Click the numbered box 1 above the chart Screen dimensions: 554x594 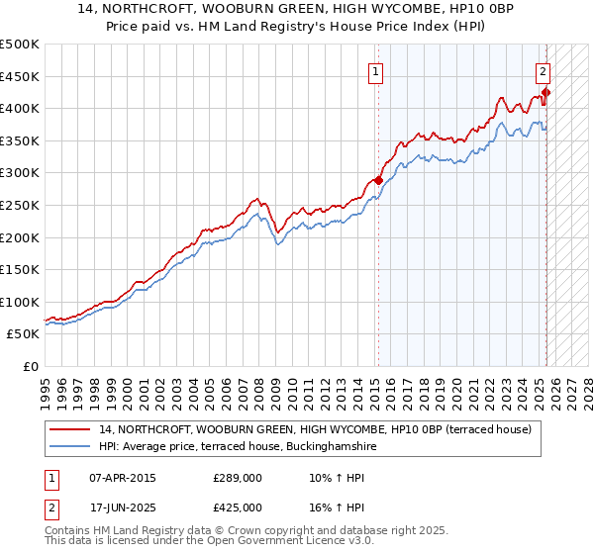pyautogui.click(x=377, y=70)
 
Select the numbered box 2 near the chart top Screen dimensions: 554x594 pyautogui.click(x=544, y=70)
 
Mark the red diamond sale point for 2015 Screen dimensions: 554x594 pyautogui.click(x=378, y=180)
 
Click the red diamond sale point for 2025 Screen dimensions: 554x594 pyautogui.click(x=546, y=92)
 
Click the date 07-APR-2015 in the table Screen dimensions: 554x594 pyautogui.click(x=123, y=477)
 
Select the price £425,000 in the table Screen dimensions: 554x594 pyautogui.click(x=238, y=507)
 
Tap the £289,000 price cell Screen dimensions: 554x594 pyautogui.click(x=238, y=477)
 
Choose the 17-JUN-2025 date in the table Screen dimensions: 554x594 pyautogui.click(x=123, y=507)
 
